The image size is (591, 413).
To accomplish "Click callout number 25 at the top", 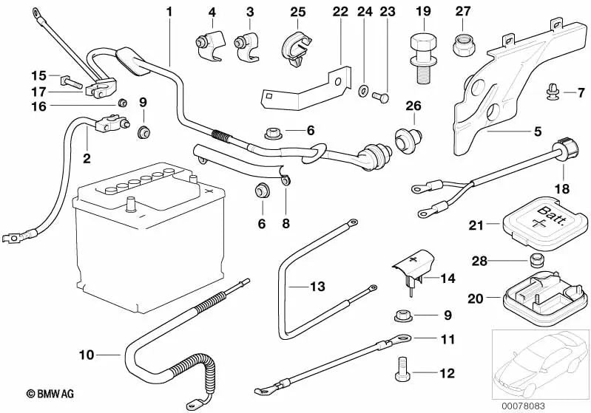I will pos(297,12).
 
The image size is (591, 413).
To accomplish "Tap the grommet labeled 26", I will pos(407,137).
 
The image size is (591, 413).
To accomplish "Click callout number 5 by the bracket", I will pos(538,132).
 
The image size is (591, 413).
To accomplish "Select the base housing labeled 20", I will pos(537,296).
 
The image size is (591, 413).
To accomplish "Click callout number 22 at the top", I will pos(340,12).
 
